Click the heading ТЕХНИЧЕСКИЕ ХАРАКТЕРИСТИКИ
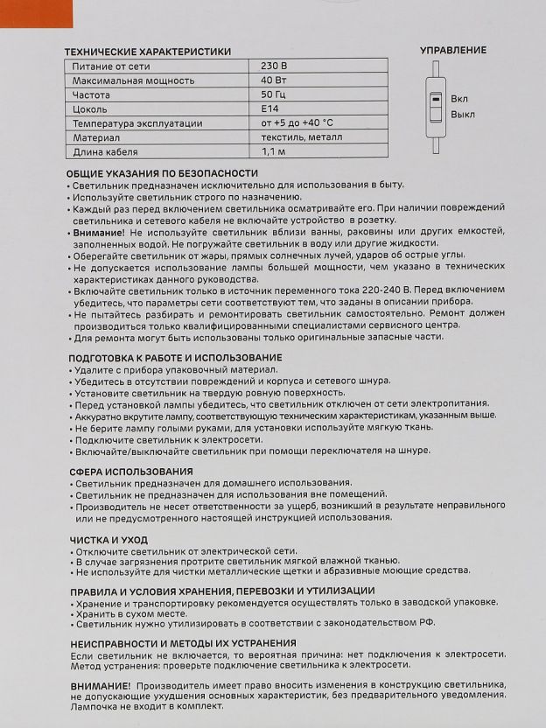coord(149,52)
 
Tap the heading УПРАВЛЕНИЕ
coord(452,51)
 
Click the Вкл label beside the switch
coord(459,100)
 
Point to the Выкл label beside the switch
coord(463,115)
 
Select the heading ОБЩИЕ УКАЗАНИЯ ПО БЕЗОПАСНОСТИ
coord(163,173)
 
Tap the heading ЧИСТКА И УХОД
coord(108,540)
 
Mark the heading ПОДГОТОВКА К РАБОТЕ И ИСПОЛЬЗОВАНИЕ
coord(175,358)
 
